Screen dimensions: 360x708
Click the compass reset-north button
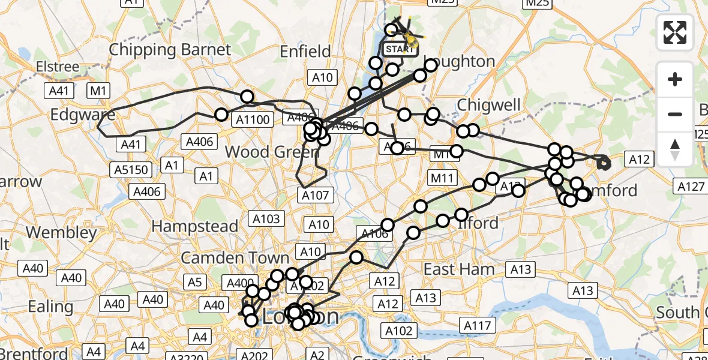pos(675,149)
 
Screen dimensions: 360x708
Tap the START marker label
pos(398,49)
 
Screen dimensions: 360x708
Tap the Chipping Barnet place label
pos(170,49)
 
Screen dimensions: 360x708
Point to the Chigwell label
pos(489,105)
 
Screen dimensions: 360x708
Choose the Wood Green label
pos(271,152)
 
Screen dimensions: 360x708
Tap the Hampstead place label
pos(195,226)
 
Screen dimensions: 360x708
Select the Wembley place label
pos(61,232)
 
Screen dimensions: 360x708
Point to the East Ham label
pos(459,269)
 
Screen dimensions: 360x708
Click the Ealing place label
pos(50,307)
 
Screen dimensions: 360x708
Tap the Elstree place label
pos(58,66)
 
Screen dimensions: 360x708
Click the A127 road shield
pos(691,187)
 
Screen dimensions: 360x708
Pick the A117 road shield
pos(477,326)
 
